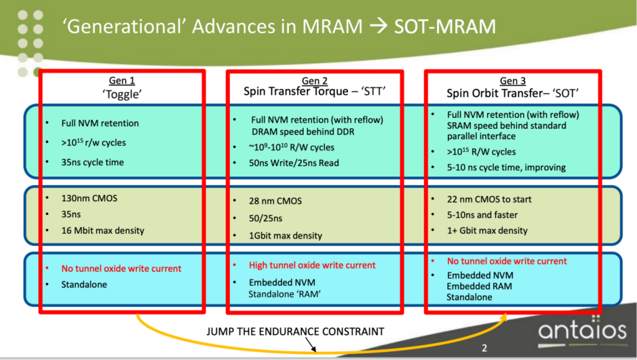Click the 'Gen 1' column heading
(122, 81)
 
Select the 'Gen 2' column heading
(314, 81)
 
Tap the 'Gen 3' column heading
(513, 81)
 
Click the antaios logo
(582, 331)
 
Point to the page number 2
(485, 348)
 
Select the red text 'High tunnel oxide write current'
(312, 265)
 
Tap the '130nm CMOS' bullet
(89, 198)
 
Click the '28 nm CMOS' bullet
(276, 201)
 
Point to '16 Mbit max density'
(103, 230)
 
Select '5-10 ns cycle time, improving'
(506, 167)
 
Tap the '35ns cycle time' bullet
(93, 162)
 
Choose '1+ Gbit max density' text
(487, 231)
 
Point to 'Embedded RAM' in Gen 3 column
(479, 286)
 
